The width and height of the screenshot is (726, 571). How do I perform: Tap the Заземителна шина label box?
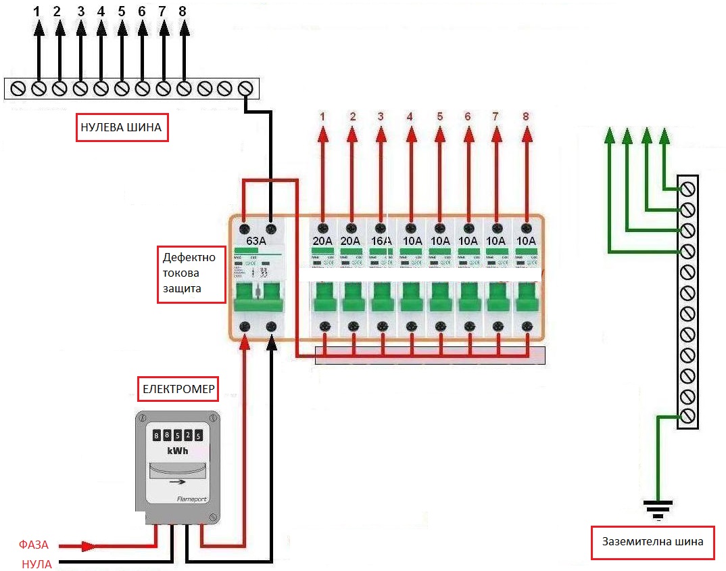pyautogui.click(x=652, y=542)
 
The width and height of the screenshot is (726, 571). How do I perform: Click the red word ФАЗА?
pyautogui.click(x=33, y=545)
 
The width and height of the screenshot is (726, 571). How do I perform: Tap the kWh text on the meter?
pyautogui.click(x=177, y=451)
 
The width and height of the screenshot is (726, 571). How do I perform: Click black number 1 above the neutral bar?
pyautogui.click(x=38, y=12)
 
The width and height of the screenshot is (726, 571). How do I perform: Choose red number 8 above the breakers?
pyautogui.click(x=527, y=116)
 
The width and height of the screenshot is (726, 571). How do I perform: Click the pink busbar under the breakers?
pyautogui.click(x=430, y=356)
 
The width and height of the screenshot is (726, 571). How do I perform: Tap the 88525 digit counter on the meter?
pyautogui.click(x=177, y=435)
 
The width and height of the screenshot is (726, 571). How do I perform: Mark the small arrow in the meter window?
pyautogui.click(x=178, y=482)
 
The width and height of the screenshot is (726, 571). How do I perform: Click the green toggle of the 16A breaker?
pyautogui.click(x=381, y=298)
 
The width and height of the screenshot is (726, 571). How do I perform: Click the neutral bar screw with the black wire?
pyautogui.click(x=246, y=89)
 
